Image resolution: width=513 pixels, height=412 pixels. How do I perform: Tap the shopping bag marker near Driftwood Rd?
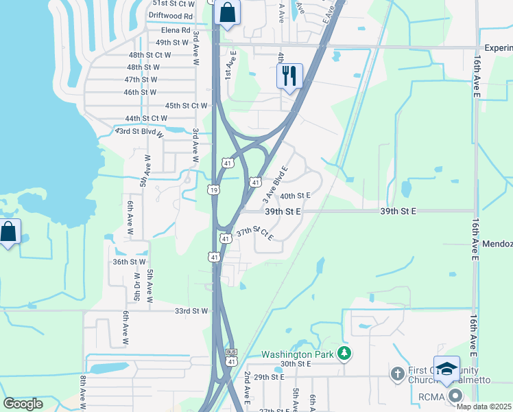(x=227, y=13)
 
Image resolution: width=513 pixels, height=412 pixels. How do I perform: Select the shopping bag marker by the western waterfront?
(x=8, y=231)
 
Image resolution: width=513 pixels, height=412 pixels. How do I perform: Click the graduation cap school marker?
(x=446, y=369)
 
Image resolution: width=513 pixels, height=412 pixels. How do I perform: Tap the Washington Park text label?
(x=296, y=355)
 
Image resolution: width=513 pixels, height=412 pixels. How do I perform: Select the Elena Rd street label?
(x=176, y=30)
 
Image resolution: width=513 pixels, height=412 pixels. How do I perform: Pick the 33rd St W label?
(x=191, y=310)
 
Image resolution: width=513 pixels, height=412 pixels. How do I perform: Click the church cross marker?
(x=396, y=374)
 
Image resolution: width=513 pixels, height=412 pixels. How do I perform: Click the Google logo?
(x=23, y=403)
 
